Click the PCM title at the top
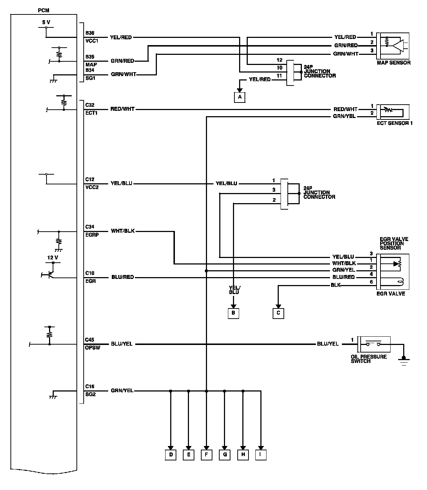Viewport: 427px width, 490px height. pos(44,10)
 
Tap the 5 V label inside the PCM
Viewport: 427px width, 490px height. pos(46,22)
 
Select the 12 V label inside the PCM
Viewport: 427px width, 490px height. pos(53,258)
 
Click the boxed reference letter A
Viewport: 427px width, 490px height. pos(239,97)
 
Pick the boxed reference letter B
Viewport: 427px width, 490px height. pos(233,313)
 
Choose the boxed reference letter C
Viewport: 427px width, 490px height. pos(278,313)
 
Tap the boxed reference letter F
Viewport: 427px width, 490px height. pos(207,455)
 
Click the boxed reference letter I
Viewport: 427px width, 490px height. pos(261,455)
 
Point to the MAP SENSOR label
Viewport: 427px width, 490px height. pos(394,63)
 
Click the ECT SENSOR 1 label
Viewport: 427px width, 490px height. pos(395,123)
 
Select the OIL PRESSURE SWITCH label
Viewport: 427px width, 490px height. pos(369,359)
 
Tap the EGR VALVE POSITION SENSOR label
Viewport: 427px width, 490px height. pos(394,243)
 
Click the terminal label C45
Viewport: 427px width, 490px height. pos(89,340)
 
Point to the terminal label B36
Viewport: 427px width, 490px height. pos(90,33)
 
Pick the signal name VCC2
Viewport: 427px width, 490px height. pos(92,187)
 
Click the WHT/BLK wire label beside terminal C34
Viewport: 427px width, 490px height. pos(123,231)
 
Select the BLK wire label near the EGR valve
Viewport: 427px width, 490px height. pos(335,285)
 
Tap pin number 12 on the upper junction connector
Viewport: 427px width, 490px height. pos(279,60)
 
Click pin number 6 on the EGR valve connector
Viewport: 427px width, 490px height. pos(371,282)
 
